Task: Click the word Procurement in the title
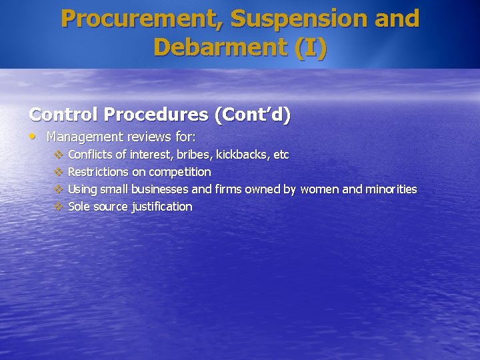pos(140,19)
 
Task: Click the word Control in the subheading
pos(62,115)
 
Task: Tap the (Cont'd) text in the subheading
pos(252,115)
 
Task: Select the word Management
pos(84,137)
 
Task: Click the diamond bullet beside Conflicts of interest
pos(58,155)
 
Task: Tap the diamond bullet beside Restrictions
pos(58,172)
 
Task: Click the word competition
pos(179,172)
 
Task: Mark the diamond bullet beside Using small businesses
pos(58,189)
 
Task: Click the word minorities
pos(391,189)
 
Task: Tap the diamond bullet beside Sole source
pos(58,207)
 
